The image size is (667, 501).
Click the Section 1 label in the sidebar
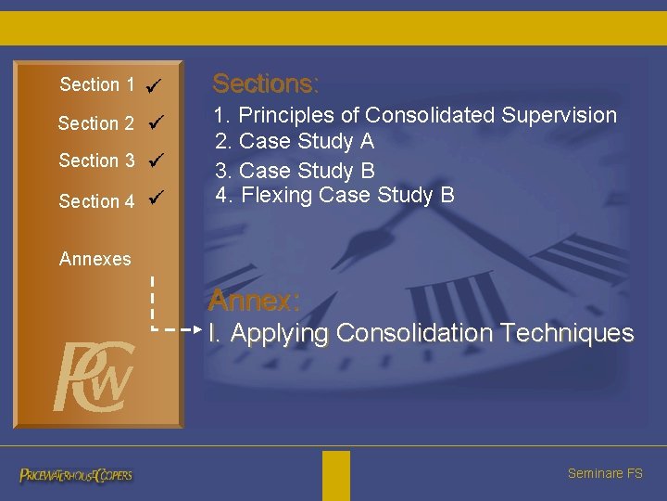click(97, 84)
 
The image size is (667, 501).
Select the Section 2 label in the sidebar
click(95, 123)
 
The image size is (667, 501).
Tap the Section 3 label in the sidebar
click(96, 161)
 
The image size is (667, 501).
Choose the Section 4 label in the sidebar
click(96, 200)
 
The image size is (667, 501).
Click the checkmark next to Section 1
click(155, 85)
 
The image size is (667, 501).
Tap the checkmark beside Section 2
click(156, 122)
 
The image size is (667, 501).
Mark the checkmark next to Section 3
click(156, 161)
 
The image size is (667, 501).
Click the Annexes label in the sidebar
click(94, 259)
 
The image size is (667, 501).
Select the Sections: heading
click(266, 83)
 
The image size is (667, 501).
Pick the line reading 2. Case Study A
click(295, 142)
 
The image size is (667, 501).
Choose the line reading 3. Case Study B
click(295, 171)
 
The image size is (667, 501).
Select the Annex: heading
click(254, 300)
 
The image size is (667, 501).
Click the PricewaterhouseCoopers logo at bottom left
click(76, 475)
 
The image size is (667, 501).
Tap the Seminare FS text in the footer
click(604, 473)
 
